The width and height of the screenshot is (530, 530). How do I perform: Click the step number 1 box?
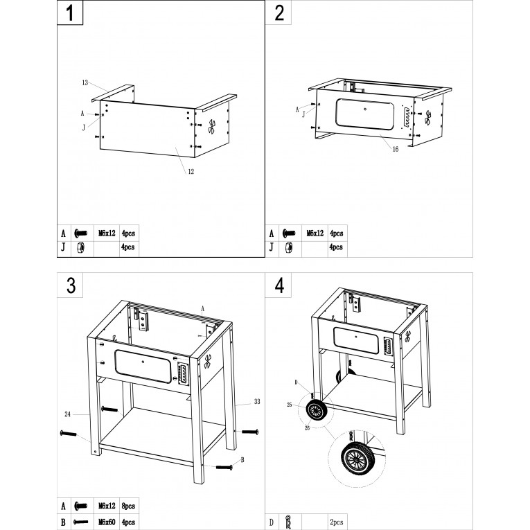[x=70, y=12]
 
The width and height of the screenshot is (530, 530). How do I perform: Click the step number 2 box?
[x=279, y=12]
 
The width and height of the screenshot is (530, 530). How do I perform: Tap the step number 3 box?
[x=70, y=285]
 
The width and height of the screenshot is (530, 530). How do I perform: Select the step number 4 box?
[x=279, y=285]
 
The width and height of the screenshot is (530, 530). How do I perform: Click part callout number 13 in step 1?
[x=85, y=82]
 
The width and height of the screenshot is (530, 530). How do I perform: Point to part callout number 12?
[x=191, y=172]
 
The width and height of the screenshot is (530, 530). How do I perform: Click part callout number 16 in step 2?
[x=396, y=149]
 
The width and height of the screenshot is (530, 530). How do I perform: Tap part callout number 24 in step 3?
[x=68, y=414]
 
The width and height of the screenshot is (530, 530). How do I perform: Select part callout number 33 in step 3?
[x=257, y=402]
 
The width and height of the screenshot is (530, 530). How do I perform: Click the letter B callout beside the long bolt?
[x=242, y=460]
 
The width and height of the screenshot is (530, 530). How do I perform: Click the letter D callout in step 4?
[x=296, y=382]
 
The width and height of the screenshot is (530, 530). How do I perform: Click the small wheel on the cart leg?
[x=316, y=410]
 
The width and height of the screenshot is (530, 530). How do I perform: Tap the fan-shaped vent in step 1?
[x=211, y=127]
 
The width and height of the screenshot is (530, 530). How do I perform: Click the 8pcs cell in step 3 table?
[x=128, y=506]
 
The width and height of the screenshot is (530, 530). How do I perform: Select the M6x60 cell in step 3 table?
[x=107, y=522]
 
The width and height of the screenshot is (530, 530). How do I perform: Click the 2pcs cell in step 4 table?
[x=337, y=522]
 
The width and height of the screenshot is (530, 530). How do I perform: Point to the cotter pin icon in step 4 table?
[x=288, y=522]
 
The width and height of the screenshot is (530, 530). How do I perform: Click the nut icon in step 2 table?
[x=289, y=248]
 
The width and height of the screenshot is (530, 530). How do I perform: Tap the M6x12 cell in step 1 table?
[x=107, y=233]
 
